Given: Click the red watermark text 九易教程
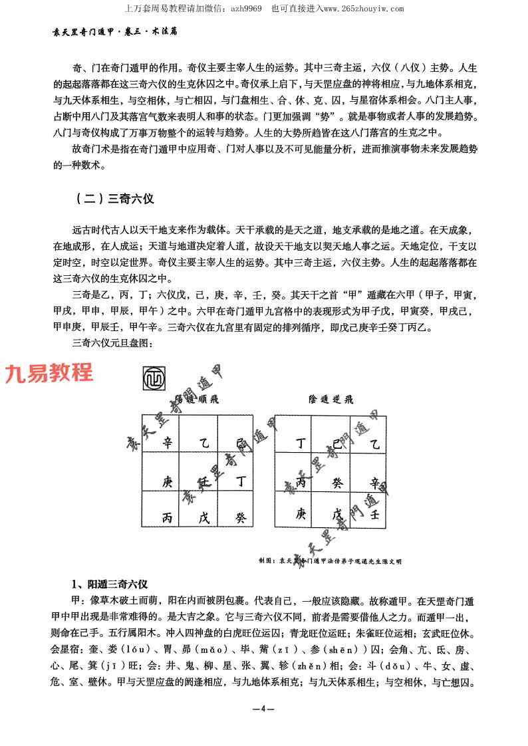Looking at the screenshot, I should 49,374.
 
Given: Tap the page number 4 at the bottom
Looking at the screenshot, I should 264,709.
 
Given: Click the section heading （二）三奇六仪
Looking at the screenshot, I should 116,198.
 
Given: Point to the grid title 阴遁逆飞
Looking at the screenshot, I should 330,400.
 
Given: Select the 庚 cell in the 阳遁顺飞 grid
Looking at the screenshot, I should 167,481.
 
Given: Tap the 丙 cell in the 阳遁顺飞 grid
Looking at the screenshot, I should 167,519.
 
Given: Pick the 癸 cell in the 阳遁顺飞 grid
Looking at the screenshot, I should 240,519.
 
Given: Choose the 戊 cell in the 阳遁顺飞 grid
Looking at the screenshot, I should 203,519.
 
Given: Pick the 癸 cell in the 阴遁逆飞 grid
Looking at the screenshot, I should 337,481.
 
